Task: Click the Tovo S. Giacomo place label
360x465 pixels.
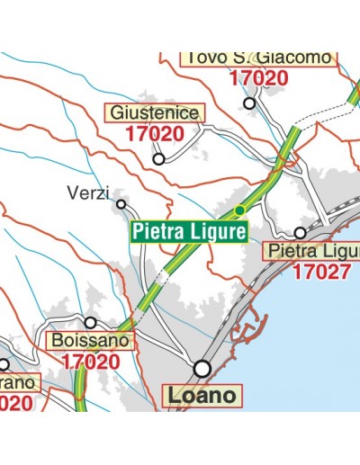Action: (258, 58)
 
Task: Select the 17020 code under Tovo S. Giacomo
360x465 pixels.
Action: (258, 77)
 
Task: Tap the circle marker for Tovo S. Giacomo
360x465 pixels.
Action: (250, 103)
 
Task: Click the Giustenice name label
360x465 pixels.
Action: (156, 113)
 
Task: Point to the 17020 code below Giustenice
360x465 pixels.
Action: (155, 134)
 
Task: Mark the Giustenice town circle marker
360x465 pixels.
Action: (158, 159)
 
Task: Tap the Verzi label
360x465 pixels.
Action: (88, 192)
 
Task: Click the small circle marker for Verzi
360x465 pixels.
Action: (121, 204)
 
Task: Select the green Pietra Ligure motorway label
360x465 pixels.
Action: (189, 232)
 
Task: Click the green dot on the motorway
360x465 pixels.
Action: (239, 210)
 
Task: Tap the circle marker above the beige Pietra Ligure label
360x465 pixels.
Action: (300, 232)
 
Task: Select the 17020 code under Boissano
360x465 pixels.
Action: (91, 362)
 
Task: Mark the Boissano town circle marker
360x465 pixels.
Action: (90, 322)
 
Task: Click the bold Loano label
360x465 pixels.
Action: (202, 395)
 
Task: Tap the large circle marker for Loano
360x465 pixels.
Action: (202, 368)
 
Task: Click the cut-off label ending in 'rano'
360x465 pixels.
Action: (18, 383)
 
